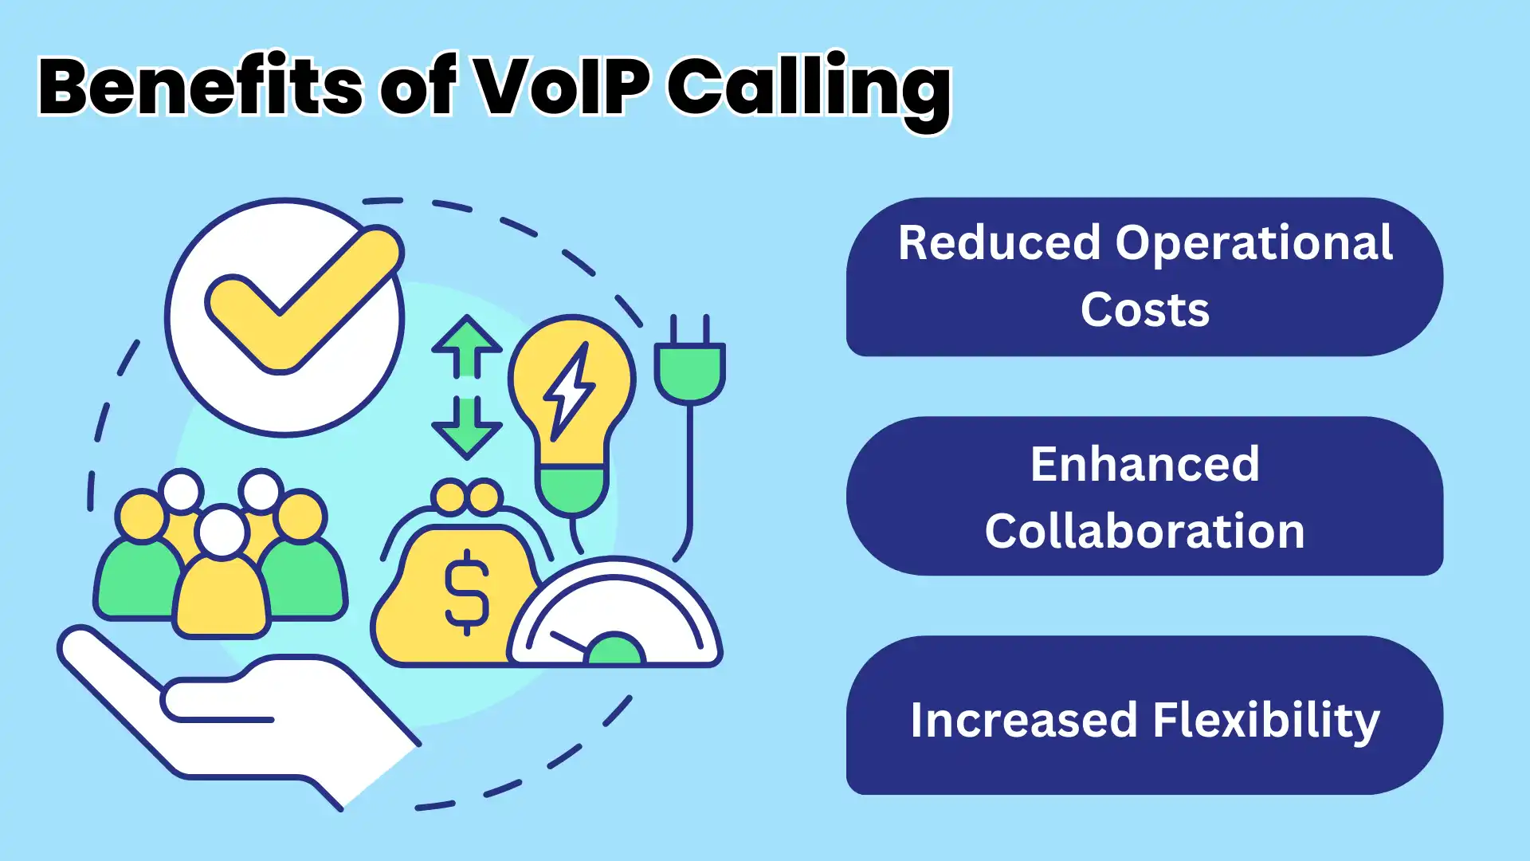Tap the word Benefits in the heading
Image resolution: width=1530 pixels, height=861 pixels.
click(x=200, y=87)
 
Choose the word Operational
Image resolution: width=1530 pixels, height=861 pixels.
click(x=1253, y=244)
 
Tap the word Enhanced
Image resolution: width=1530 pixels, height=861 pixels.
click(x=1144, y=464)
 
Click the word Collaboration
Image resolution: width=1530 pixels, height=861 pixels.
click(x=1144, y=531)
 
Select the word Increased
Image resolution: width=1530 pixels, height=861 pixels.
click(x=1023, y=720)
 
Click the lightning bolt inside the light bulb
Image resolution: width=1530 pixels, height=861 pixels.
click(x=569, y=391)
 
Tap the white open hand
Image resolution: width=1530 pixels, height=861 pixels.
click(x=239, y=717)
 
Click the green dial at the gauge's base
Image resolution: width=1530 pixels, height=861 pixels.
click(x=614, y=650)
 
